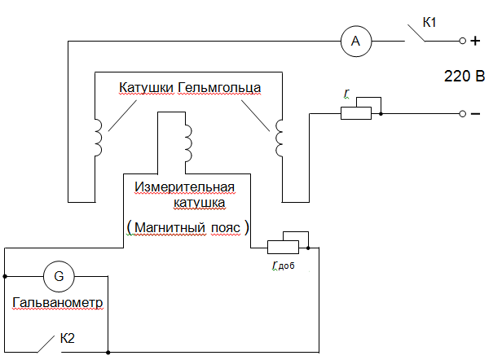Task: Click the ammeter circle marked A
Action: coord(355,40)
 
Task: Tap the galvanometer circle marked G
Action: coord(59,277)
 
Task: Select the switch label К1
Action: coord(429,22)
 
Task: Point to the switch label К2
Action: coord(70,337)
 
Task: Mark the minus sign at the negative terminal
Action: coord(475,113)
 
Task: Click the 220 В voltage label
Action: coord(465,77)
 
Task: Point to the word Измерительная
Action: coord(184,187)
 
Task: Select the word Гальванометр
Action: coord(59,303)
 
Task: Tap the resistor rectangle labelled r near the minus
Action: coord(355,113)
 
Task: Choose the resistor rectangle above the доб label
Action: coord(283,245)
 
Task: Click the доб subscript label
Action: coord(285,266)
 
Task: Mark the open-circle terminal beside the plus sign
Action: coord(462,40)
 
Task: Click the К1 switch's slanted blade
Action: coord(416,33)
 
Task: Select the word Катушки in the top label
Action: coord(147,86)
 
